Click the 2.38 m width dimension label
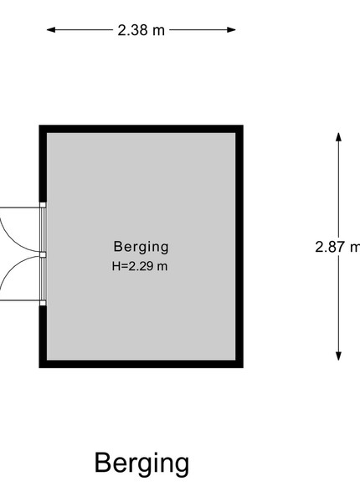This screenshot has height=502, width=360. pos(141,30)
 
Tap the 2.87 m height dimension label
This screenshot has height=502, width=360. pos(337,247)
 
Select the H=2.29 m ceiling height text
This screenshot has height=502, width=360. pos(140,266)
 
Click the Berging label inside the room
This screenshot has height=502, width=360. pos(141,247)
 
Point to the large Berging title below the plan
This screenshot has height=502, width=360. pos(141,464)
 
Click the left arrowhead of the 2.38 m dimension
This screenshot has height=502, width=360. pos(51,30)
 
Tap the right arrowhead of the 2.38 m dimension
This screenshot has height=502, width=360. pos(232,30)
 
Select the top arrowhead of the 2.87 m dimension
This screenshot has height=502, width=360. pos(338,137)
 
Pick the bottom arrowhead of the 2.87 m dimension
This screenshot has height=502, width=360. pos(338,356)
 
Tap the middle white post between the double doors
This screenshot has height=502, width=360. pos(43,254)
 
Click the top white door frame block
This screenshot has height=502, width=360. pos(43,205)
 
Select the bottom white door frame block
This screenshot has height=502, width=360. pos(43,303)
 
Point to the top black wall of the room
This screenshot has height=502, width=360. pos(141,129)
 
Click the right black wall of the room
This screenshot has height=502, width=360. pos(239,247)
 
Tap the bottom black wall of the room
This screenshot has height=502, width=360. pos(141,364)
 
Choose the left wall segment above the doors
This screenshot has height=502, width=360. pos(43,164)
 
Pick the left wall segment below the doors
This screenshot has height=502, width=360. pos(43,336)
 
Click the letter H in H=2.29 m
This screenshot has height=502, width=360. pos(116,266)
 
